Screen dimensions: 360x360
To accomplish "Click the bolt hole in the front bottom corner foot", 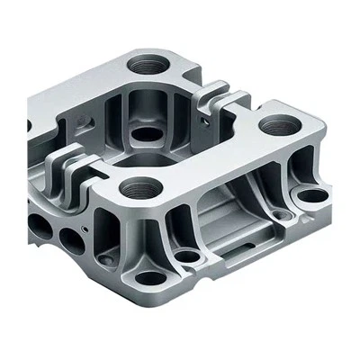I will pyautogui.click(x=146, y=277).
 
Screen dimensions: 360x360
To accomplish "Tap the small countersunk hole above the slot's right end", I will pyautogui.click(x=284, y=216).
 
